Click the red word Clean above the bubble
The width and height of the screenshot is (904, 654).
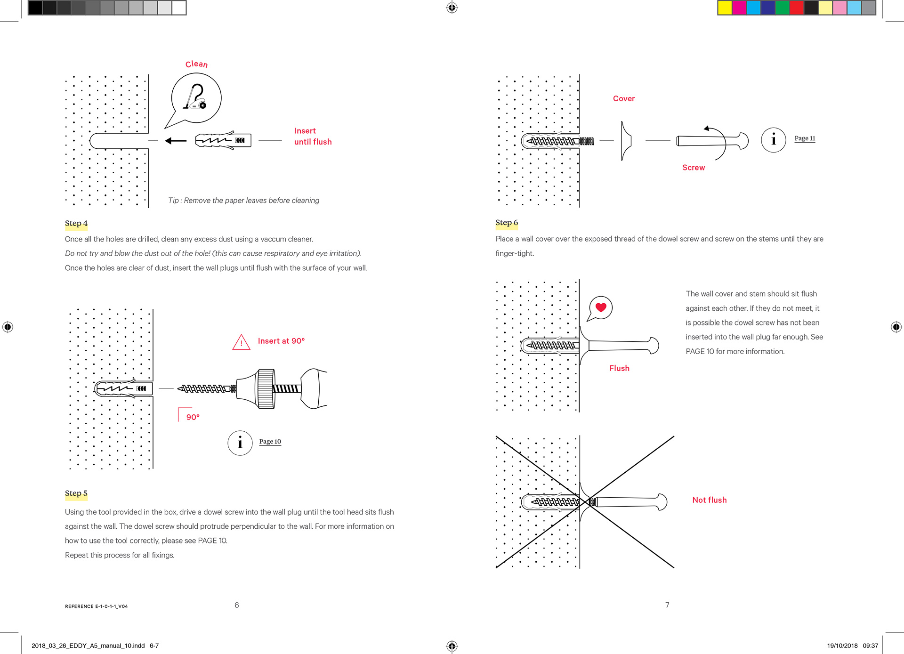click(x=196, y=64)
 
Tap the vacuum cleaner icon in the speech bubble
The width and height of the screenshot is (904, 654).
click(x=195, y=97)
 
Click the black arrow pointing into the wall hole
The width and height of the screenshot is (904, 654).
click(x=176, y=140)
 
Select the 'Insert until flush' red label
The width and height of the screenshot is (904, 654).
click(x=313, y=137)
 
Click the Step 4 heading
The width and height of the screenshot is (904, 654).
click(x=76, y=223)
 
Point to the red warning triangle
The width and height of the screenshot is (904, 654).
click(x=241, y=342)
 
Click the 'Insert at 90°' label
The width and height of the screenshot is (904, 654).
click(x=281, y=341)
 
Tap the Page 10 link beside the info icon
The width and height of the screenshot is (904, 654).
click(x=270, y=442)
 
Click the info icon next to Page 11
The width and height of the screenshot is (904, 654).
click(x=773, y=140)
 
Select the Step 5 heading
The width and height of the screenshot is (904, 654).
click(x=76, y=493)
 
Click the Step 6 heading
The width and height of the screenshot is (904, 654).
click(x=507, y=223)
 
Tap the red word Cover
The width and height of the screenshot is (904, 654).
click(x=624, y=98)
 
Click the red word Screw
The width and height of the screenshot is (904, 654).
click(x=694, y=168)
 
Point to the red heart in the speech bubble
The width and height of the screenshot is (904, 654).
click(x=601, y=307)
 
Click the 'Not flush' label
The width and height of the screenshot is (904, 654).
click(x=710, y=500)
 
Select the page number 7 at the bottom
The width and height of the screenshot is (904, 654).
click(x=667, y=605)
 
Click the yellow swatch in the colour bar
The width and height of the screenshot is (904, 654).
click(x=725, y=8)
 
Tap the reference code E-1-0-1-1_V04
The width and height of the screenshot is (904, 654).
click(x=97, y=606)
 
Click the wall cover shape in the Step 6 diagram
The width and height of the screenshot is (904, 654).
click(x=625, y=140)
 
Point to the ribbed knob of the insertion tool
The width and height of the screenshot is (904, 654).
click(x=266, y=388)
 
